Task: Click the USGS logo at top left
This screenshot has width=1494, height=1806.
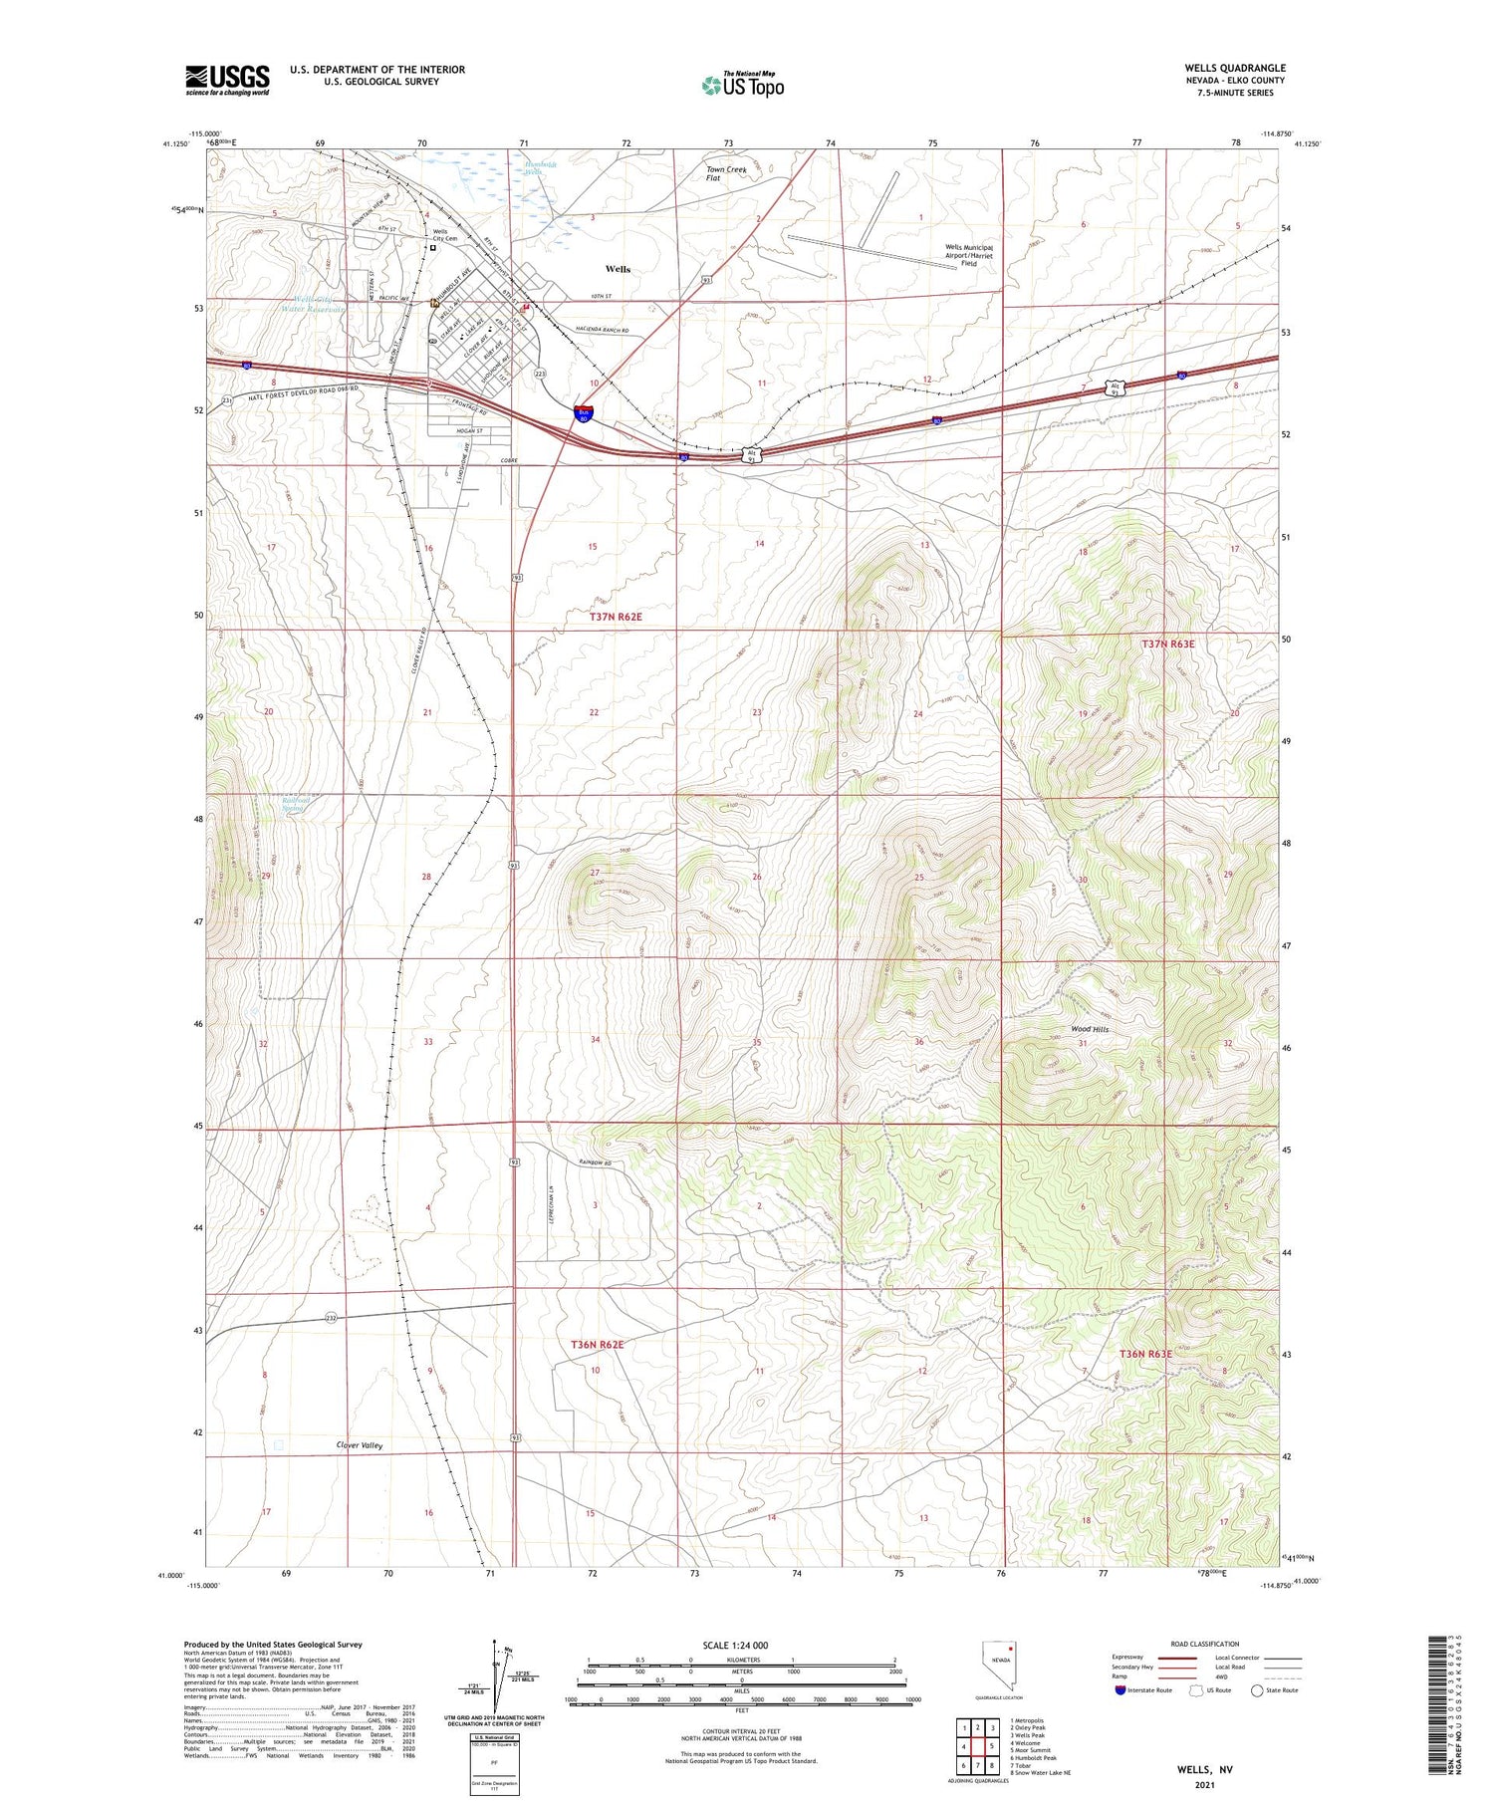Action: click(x=227, y=80)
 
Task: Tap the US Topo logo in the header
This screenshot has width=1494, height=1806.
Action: click(x=742, y=85)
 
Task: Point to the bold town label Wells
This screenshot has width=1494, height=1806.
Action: click(x=618, y=269)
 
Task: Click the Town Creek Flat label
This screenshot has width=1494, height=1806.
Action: click(x=726, y=173)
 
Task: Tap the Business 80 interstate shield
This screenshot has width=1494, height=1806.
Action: click(x=584, y=413)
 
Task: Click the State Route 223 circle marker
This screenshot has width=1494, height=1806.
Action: click(x=540, y=374)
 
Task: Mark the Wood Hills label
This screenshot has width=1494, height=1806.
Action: click(x=1090, y=1029)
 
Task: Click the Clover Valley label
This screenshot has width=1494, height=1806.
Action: click(x=359, y=1444)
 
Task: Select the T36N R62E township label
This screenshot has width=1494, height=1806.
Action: click(x=597, y=1345)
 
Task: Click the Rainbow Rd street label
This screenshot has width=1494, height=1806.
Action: click(x=594, y=1162)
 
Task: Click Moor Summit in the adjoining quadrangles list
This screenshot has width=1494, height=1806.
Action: click(x=1031, y=1750)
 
